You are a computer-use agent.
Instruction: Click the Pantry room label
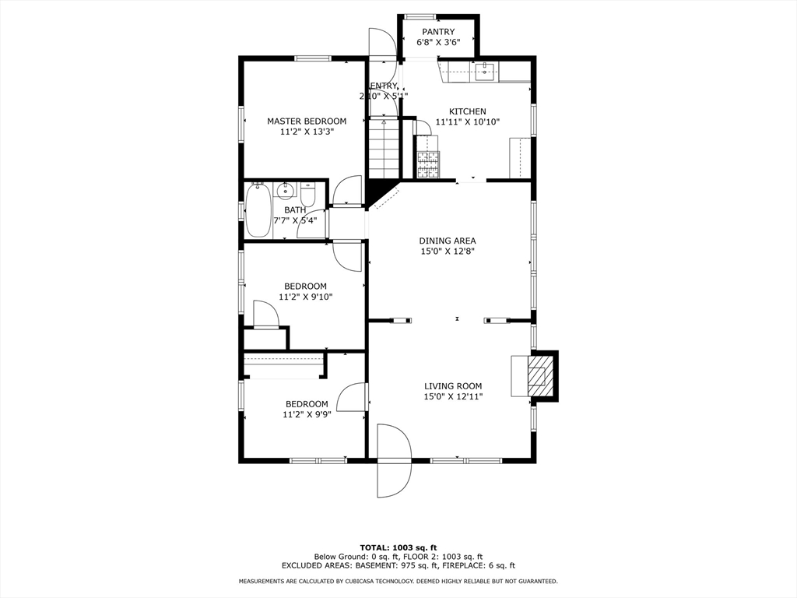click(438, 32)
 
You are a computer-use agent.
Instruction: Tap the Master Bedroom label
click(307, 121)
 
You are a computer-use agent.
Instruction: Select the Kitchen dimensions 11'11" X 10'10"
click(467, 121)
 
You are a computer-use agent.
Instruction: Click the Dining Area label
click(448, 241)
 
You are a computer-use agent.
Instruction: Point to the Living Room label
click(453, 385)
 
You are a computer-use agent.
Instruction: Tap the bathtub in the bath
click(258, 210)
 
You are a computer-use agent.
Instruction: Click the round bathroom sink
click(286, 189)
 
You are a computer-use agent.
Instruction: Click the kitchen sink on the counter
click(484, 72)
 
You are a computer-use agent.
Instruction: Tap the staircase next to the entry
click(383, 148)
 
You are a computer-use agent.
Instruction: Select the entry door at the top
click(382, 44)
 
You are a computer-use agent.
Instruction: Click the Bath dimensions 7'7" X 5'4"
click(295, 220)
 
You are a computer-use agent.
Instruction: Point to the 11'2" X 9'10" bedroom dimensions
click(305, 297)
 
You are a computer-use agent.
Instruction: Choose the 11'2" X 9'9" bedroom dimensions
click(306, 415)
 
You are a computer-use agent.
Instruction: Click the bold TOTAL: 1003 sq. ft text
click(398, 547)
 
